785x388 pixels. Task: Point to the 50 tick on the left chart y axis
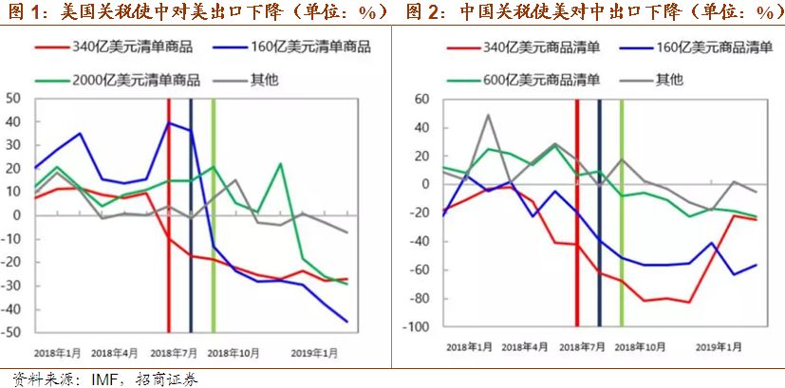pyautogui.click(x=13, y=98)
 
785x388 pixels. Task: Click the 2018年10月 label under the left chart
pyautogui.click(x=233, y=351)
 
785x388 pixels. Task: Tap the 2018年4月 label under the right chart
pyautogui.click(x=525, y=348)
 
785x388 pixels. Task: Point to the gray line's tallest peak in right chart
pyautogui.click(x=488, y=115)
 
